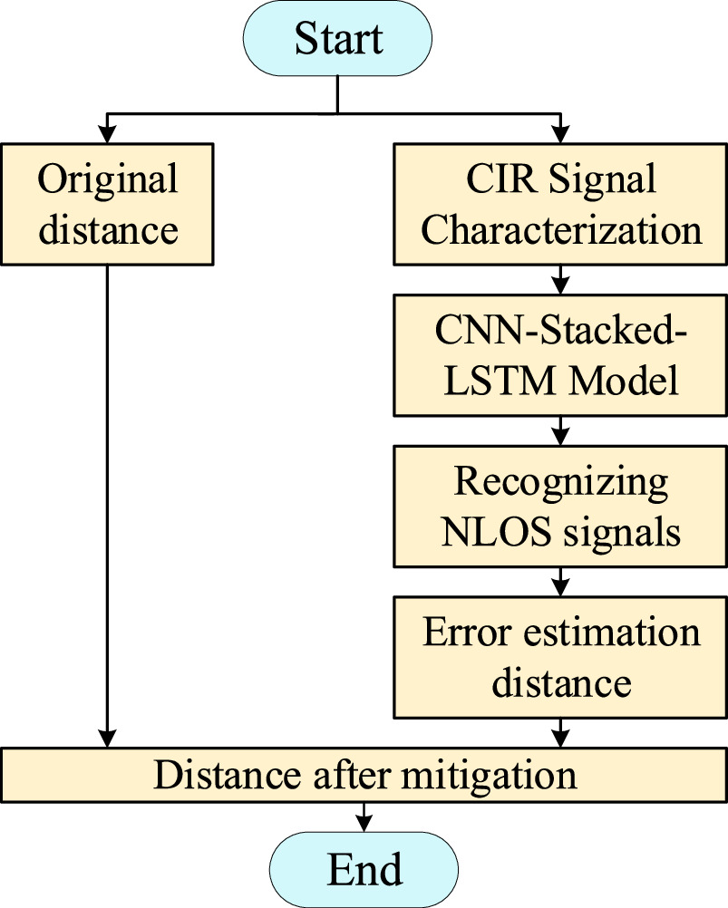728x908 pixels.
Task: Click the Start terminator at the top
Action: [x=337, y=38]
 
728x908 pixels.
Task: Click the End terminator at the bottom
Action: [x=364, y=869]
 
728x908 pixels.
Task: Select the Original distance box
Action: [x=108, y=204]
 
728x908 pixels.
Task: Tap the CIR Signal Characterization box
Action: [x=561, y=204]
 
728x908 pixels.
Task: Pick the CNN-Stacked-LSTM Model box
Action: [x=561, y=354]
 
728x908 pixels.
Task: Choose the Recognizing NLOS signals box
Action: [x=561, y=506]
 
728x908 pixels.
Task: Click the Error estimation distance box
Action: [x=561, y=657]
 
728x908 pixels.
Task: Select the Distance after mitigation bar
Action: [x=364, y=776]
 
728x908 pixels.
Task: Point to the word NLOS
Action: [x=495, y=531]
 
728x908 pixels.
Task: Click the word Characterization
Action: [x=561, y=229]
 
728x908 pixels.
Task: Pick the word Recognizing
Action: [x=561, y=480]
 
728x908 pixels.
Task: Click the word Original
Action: [x=108, y=179]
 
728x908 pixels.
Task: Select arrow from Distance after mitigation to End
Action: [x=364, y=818]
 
